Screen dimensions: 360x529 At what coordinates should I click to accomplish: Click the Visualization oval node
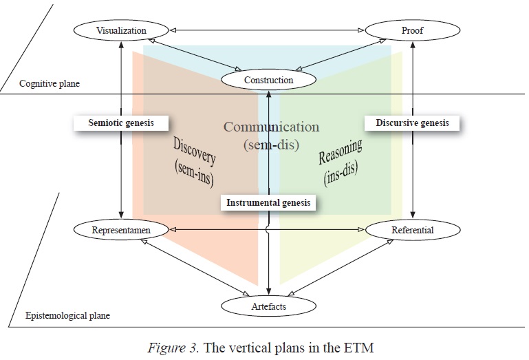pyautogui.click(x=121, y=31)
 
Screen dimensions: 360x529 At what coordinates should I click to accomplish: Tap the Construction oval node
pyautogui.click(x=268, y=80)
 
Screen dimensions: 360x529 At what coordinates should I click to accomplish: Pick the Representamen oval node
pyautogui.click(x=120, y=230)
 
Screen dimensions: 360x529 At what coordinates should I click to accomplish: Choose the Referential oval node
pyautogui.click(x=411, y=230)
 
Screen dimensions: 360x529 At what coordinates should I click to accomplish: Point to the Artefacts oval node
pyautogui.click(x=268, y=306)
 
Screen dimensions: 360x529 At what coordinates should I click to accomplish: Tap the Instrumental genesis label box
pyautogui.click(x=268, y=202)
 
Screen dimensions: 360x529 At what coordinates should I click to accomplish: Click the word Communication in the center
pyautogui.click(x=271, y=127)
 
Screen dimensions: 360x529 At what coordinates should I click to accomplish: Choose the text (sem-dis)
pyautogui.click(x=271, y=145)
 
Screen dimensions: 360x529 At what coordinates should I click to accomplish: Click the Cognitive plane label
pyautogui.click(x=49, y=84)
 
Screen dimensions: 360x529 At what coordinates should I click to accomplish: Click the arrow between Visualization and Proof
pyautogui.click(x=266, y=30)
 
